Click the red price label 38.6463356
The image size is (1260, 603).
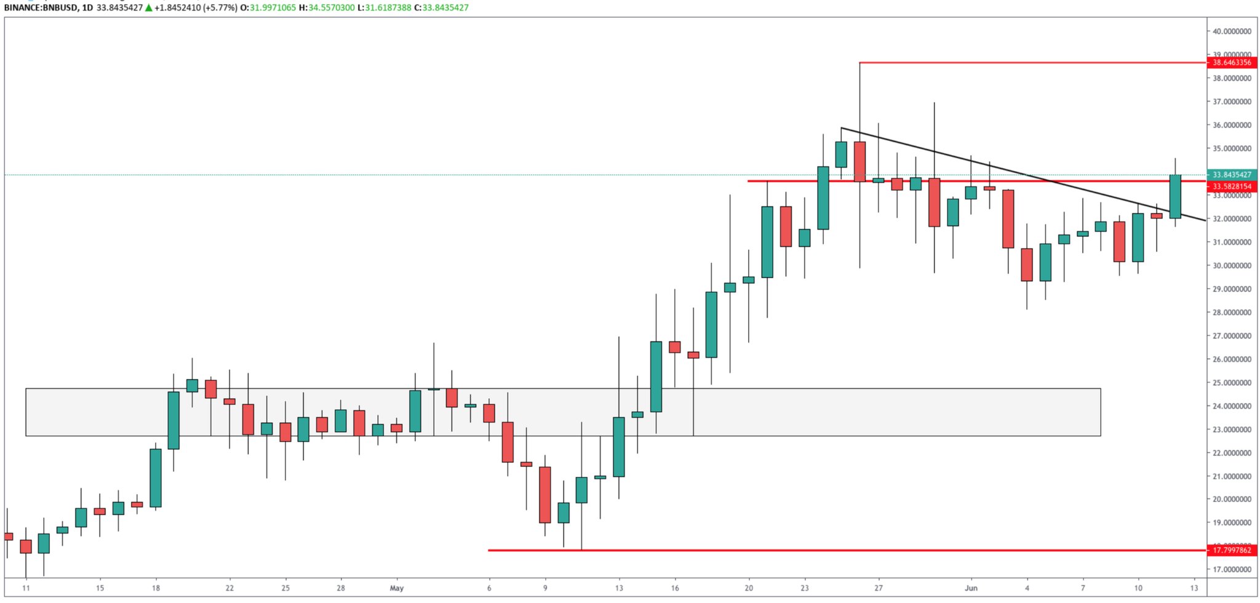coord(1231,63)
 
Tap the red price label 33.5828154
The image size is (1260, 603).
coord(1231,186)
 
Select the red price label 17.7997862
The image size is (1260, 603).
coord(1231,550)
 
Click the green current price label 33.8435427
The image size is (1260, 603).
coord(1231,175)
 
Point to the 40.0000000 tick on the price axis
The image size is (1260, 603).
coord(1232,31)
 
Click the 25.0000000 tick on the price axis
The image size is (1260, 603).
coord(1232,383)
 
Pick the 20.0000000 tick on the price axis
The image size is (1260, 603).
coord(1232,500)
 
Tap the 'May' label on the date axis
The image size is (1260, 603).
coord(397,588)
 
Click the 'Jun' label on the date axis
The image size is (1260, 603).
coord(971,588)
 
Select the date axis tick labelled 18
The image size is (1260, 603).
coord(156,588)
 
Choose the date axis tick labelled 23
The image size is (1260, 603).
coord(805,588)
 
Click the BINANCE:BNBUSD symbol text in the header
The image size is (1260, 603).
coord(40,8)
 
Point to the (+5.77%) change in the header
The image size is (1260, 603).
coord(220,8)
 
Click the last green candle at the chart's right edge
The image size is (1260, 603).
coord(1175,196)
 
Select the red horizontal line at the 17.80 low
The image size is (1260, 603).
coord(800,550)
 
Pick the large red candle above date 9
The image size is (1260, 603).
coord(545,495)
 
